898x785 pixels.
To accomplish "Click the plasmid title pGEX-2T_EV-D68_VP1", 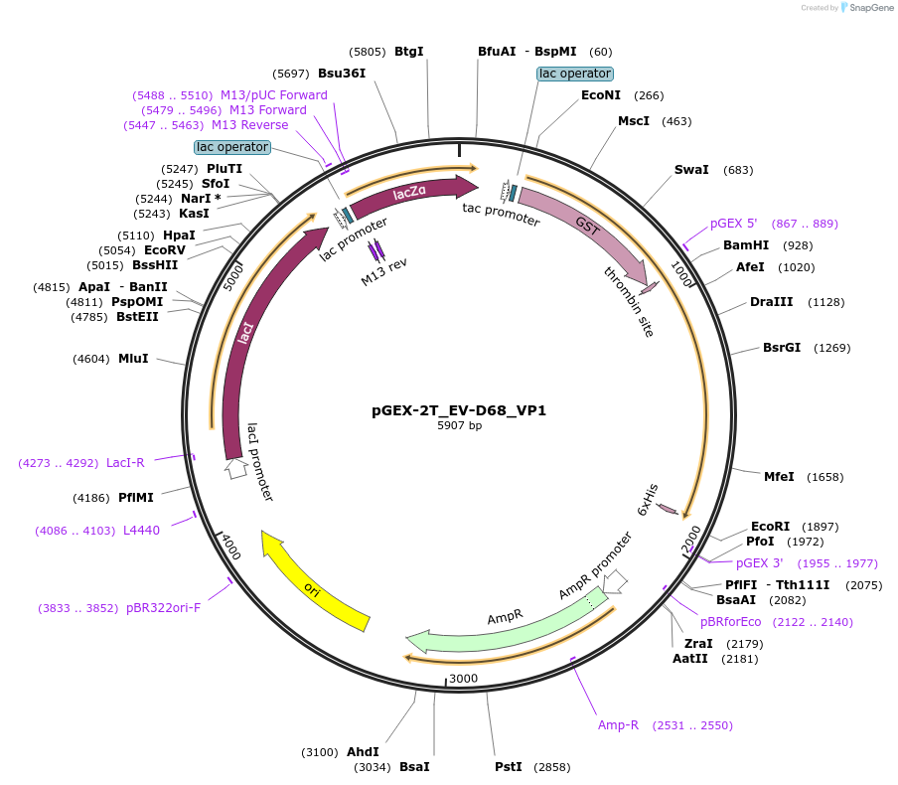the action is [x=459, y=409].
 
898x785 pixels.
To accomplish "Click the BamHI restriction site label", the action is [x=746, y=244].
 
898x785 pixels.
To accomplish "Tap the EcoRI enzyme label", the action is [x=770, y=527].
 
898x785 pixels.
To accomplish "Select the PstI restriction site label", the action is [x=509, y=767].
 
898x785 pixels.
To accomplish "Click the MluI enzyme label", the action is [x=133, y=358].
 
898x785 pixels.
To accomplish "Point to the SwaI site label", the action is [x=691, y=170].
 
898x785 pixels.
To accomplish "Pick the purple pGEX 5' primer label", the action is [x=733, y=224].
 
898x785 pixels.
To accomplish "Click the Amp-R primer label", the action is [x=618, y=725].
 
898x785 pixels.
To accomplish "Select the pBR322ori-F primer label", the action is [x=163, y=607].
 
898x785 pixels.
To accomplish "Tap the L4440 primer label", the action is [x=141, y=531].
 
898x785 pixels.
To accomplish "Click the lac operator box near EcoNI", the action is [x=575, y=74].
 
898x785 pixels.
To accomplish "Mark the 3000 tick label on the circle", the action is [x=464, y=679].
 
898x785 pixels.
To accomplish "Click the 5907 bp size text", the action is [x=459, y=425].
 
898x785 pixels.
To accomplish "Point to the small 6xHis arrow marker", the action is [x=669, y=510].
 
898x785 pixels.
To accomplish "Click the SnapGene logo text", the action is [x=869, y=8].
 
